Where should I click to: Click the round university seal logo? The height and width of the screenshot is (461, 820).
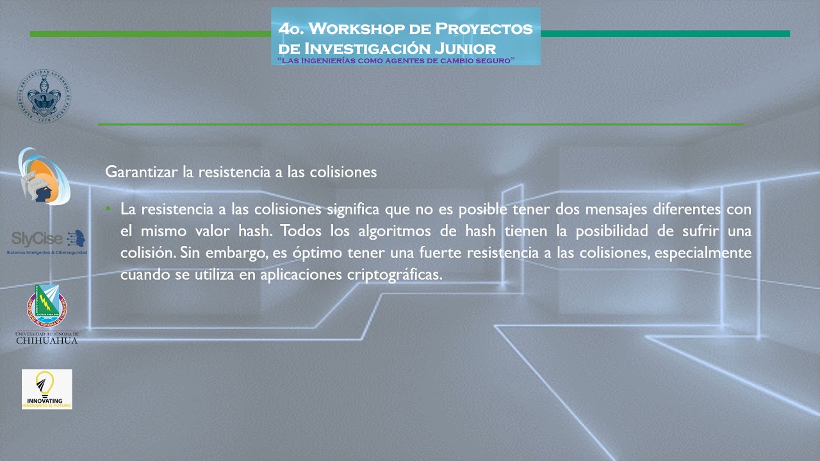(44, 97)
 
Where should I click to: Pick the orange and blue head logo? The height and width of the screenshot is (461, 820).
(43, 176)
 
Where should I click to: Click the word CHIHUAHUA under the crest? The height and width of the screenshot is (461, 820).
(47, 341)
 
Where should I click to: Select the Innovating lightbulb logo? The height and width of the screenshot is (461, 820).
(47, 389)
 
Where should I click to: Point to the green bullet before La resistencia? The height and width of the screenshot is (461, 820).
(109, 209)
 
